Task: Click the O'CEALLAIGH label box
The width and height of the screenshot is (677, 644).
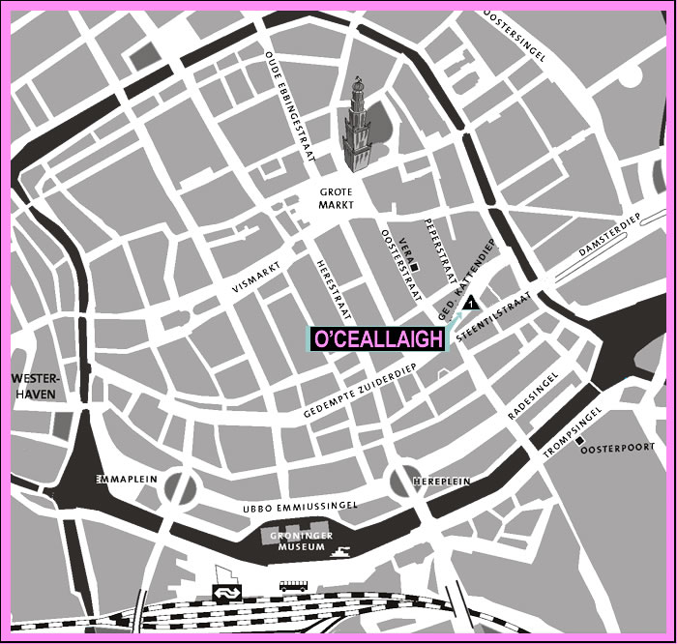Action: [x=377, y=338]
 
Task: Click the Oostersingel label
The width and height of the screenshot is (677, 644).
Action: [x=515, y=36]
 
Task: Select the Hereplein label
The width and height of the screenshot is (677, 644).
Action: [x=443, y=480]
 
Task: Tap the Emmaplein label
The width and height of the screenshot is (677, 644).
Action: [x=121, y=480]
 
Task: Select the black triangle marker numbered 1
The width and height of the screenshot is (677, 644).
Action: [x=469, y=305]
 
